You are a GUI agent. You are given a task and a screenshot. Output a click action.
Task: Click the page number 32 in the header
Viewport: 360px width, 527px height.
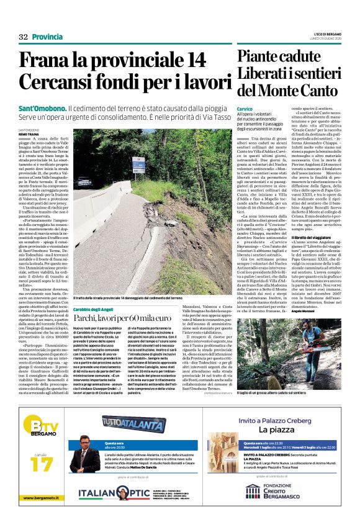coord(24,37)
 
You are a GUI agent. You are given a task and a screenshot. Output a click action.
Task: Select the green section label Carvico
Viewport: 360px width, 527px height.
coord(245,109)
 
